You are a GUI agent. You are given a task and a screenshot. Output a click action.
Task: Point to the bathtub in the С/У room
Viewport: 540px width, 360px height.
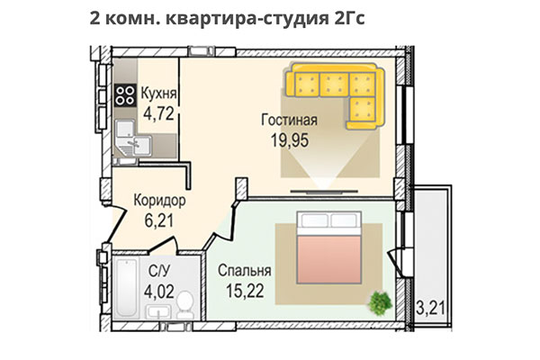point(123,289)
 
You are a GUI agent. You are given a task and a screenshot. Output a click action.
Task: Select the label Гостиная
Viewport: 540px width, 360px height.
point(290,120)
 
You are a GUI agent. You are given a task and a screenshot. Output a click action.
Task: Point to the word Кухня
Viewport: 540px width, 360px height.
point(158,93)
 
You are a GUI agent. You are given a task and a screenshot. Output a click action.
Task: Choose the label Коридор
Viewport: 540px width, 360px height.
point(158,200)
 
